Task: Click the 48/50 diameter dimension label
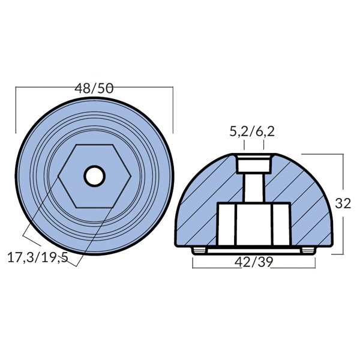(94, 88)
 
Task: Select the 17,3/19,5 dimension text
(38, 258)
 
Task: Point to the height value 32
(343, 203)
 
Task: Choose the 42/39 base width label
(252, 262)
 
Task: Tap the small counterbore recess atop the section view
(253, 163)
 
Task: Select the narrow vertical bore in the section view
(253, 188)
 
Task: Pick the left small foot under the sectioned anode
(199, 249)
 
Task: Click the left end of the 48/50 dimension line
(16, 88)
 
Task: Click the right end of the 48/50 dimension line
(173, 88)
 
